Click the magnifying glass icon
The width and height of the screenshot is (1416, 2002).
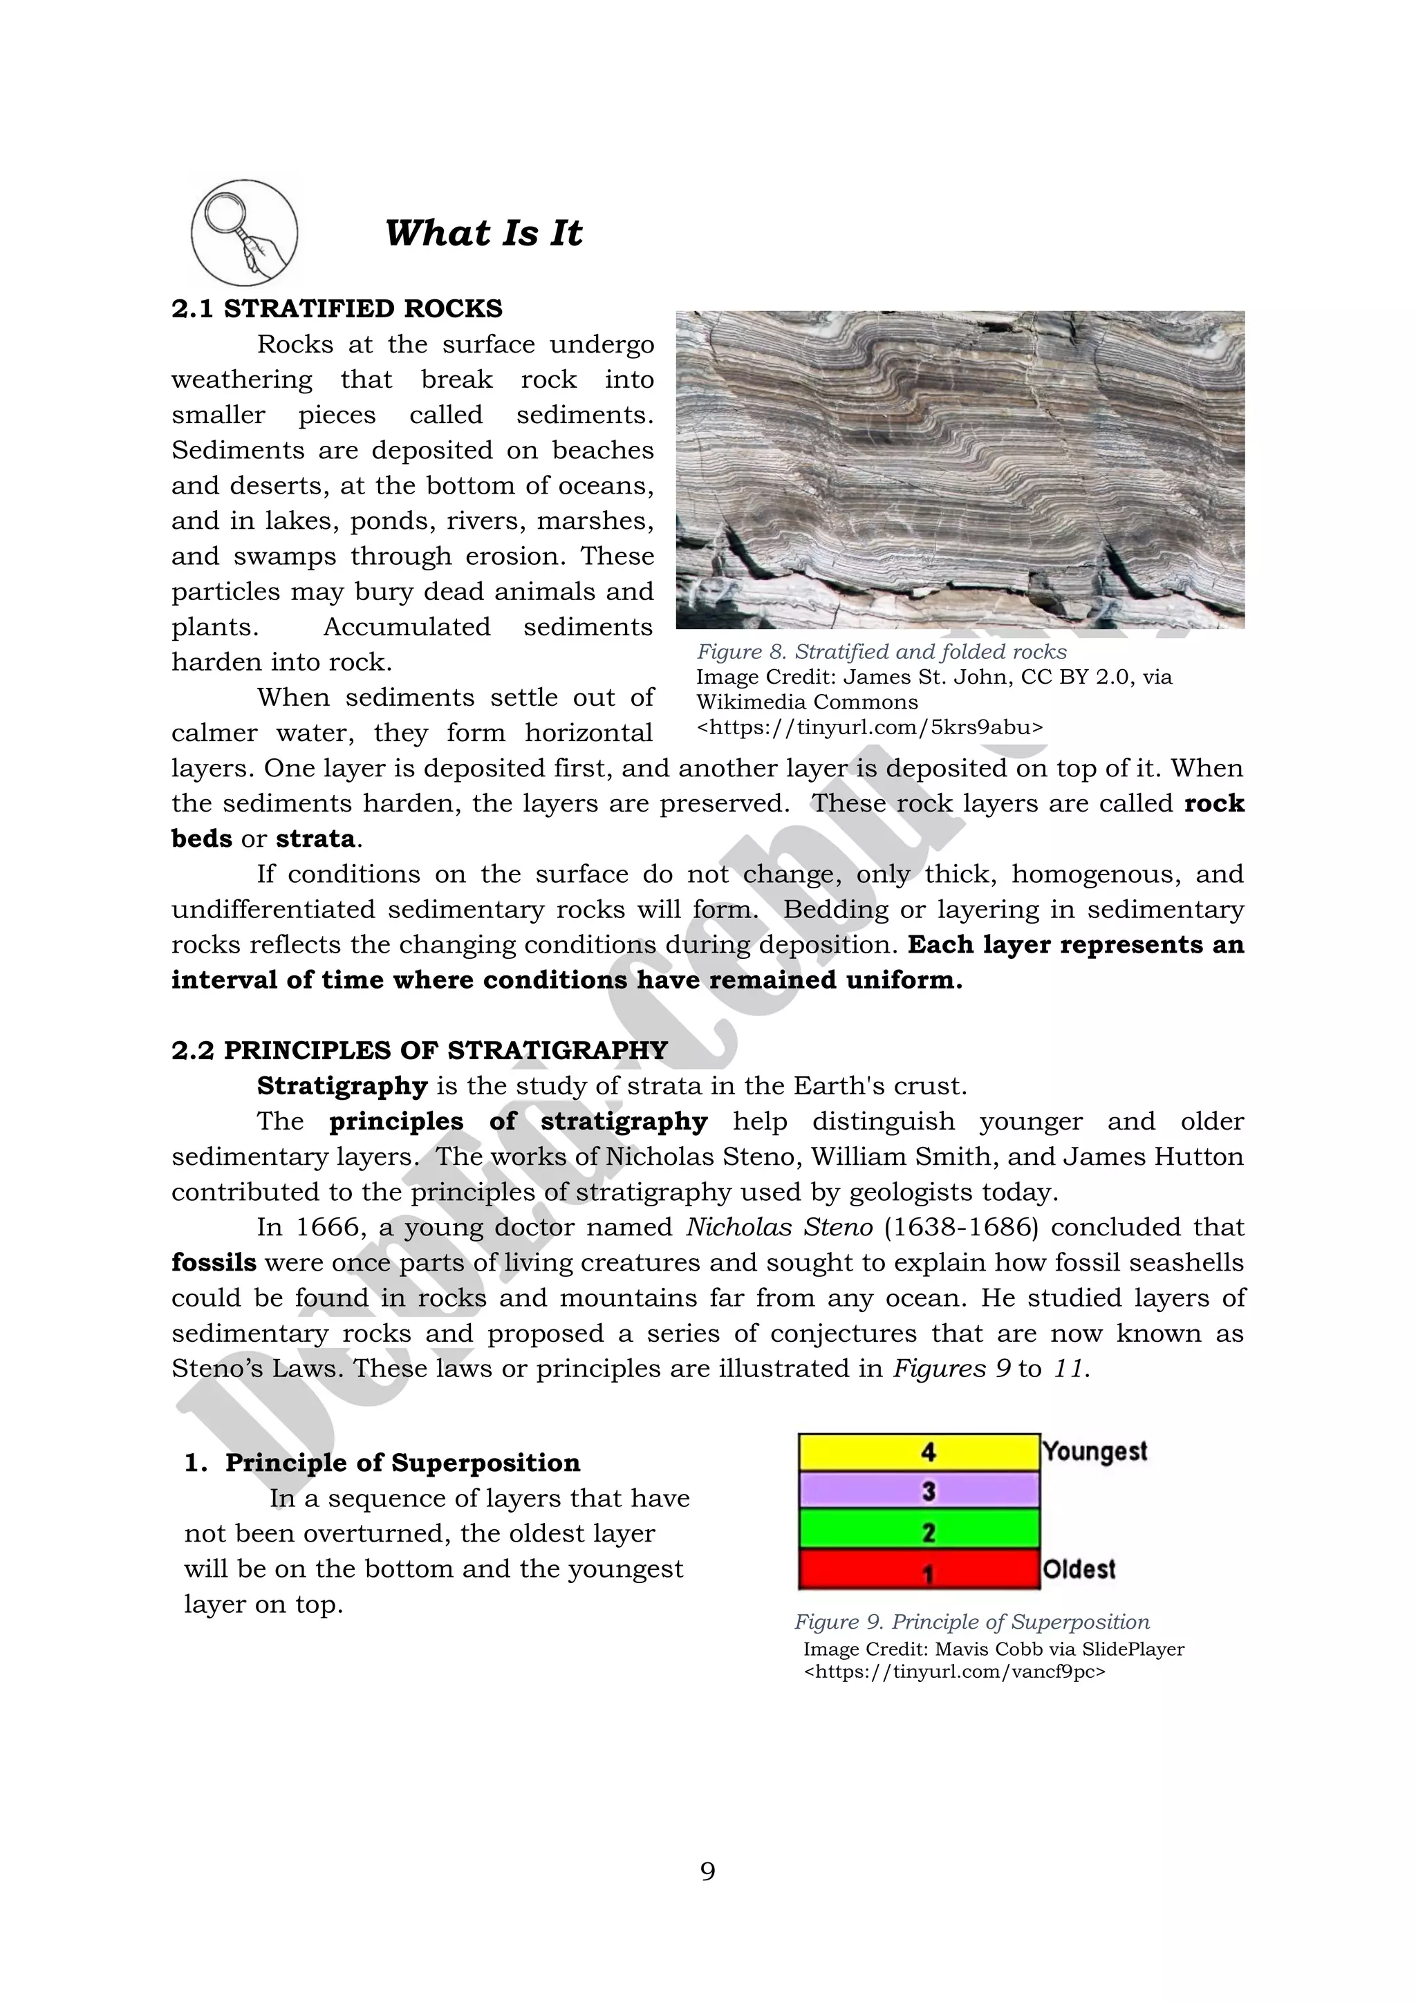coord(244,233)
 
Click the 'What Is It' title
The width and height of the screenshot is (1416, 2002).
coord(483,233)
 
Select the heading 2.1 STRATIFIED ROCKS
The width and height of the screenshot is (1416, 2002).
coord(337,309)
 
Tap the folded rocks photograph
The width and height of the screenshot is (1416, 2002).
coord(960,469)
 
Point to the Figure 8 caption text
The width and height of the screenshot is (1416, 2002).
coord(881,651)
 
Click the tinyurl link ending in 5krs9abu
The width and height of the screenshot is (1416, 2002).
coord(869,727)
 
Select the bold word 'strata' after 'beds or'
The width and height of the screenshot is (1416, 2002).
coord(315,839)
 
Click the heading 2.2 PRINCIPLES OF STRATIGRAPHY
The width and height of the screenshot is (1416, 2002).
coord(420,1050)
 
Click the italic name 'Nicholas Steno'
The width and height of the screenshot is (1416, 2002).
coord(779,1227)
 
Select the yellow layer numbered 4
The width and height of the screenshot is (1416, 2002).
coord(919,1452)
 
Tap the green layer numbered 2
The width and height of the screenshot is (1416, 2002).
coord(919,1531)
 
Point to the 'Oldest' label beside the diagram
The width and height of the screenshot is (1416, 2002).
coord(1079,1569)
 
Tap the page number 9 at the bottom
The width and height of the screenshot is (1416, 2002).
coord(707,1871)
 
